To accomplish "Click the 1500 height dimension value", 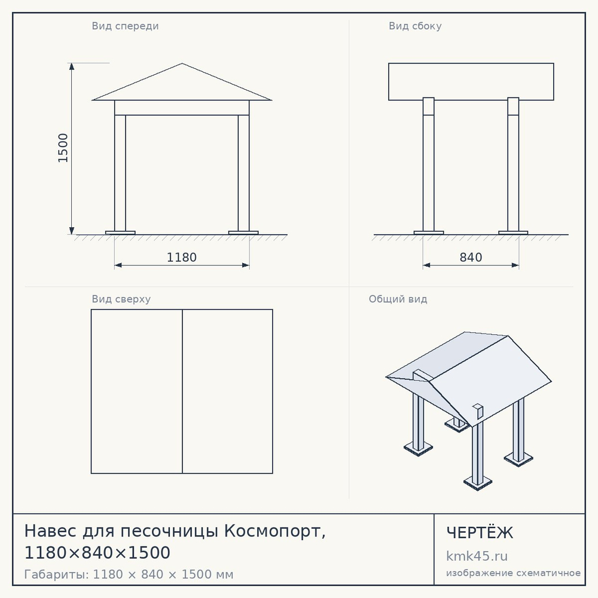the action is coord(63,148).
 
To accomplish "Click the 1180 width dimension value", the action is coord(182,257).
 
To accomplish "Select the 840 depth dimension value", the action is coord(471,257).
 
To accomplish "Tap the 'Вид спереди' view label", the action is coord(125,26).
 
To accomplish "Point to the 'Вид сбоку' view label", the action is coord(415,26).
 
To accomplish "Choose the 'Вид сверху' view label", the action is coord(121,299).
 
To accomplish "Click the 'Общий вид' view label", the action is coord(398,299).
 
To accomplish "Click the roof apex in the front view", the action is coord(182,63).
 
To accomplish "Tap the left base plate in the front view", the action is coord(120,233).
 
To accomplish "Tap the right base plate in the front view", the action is coord(243,233).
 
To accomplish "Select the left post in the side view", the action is coord(429,164).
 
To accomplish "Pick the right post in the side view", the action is coord(513,164).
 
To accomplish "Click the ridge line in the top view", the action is coord(182,391).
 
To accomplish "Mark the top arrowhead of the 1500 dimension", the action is coord(72,67).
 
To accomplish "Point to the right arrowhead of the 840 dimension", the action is coord(515,265).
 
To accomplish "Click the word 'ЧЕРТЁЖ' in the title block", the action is coord(480,532).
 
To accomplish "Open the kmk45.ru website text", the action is coord(477,556).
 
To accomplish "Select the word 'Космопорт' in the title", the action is coord(272,531).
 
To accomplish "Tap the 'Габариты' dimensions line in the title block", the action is coord(129,574).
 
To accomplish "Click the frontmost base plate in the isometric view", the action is coord(477,483).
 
